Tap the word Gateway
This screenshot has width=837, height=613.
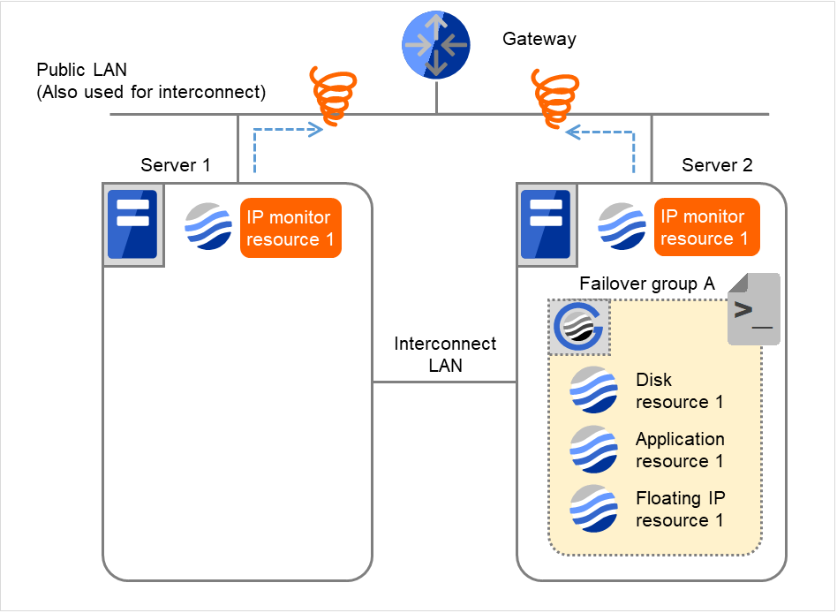point(539,39)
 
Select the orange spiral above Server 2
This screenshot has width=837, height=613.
point(554,98)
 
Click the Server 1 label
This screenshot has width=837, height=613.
point(176,165)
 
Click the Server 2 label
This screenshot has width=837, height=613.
point(717,165)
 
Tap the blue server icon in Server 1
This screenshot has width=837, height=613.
point(132,224)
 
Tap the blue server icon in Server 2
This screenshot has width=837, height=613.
point(546,224)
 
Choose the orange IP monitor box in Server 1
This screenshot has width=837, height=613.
point(290,228)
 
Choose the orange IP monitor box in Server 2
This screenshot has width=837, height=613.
point(704,227)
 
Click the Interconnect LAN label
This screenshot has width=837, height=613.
point(445,354)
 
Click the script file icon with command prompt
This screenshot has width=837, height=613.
point(753,308)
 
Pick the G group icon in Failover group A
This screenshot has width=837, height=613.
point(577,326)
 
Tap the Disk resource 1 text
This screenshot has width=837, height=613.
point(678,390)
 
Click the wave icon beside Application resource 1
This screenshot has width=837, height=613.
point(593,450)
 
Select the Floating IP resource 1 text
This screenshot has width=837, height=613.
point(680,509)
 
